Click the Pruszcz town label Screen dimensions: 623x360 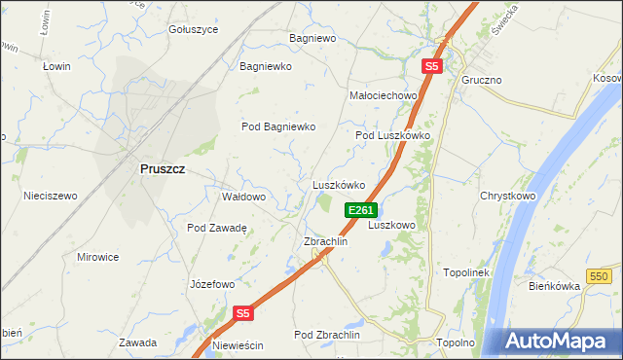[163, 168]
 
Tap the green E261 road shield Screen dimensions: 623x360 [359, 210]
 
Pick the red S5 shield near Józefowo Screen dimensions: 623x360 [243, 313]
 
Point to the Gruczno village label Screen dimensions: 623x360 [482, 79]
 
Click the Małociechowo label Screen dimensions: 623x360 [383, 96]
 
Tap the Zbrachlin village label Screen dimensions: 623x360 [326, 241]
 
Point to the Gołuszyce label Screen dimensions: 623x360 [193, 29]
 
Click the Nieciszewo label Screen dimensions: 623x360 [50, 196]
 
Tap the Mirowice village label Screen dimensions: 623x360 [97, 257]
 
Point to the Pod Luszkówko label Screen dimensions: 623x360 [392, 135]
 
